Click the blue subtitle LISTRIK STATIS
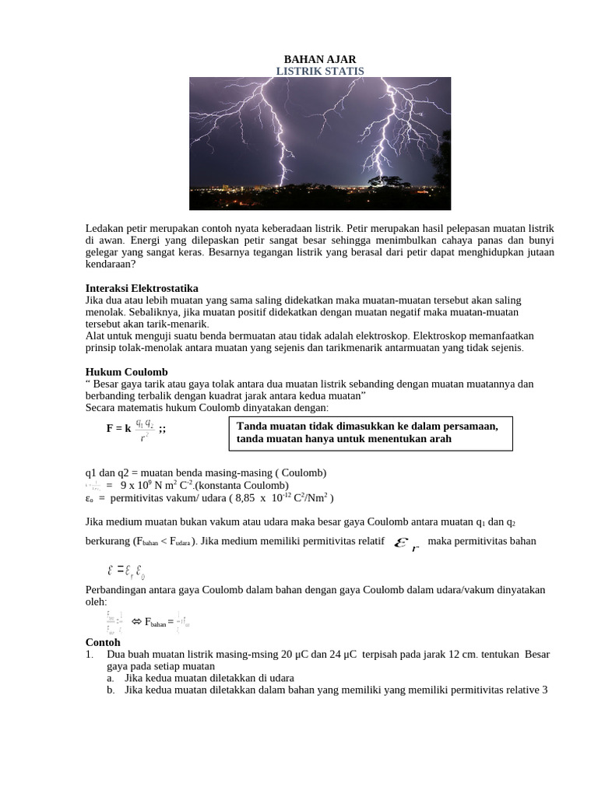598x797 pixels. point(319,72)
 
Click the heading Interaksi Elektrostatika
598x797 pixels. point(142,288)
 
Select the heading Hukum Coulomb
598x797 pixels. point(126,372)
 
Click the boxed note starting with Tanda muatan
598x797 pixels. point(371,433)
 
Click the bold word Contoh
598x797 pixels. point(103,643)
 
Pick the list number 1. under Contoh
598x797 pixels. point(90,655)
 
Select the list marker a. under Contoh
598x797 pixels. point(111,678)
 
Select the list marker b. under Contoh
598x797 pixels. point(111,690)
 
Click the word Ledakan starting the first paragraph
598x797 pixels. point(104,228)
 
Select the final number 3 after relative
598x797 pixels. point(545,690)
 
